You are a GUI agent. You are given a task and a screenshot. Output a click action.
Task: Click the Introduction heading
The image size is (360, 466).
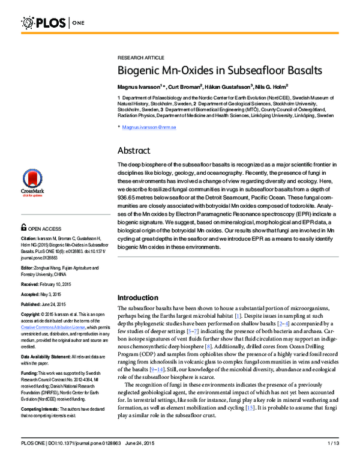point(142,297)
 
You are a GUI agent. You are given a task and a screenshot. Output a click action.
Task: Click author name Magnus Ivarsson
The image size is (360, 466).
point(140,86)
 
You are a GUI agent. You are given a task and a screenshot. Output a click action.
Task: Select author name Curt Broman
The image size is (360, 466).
point(187,86)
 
